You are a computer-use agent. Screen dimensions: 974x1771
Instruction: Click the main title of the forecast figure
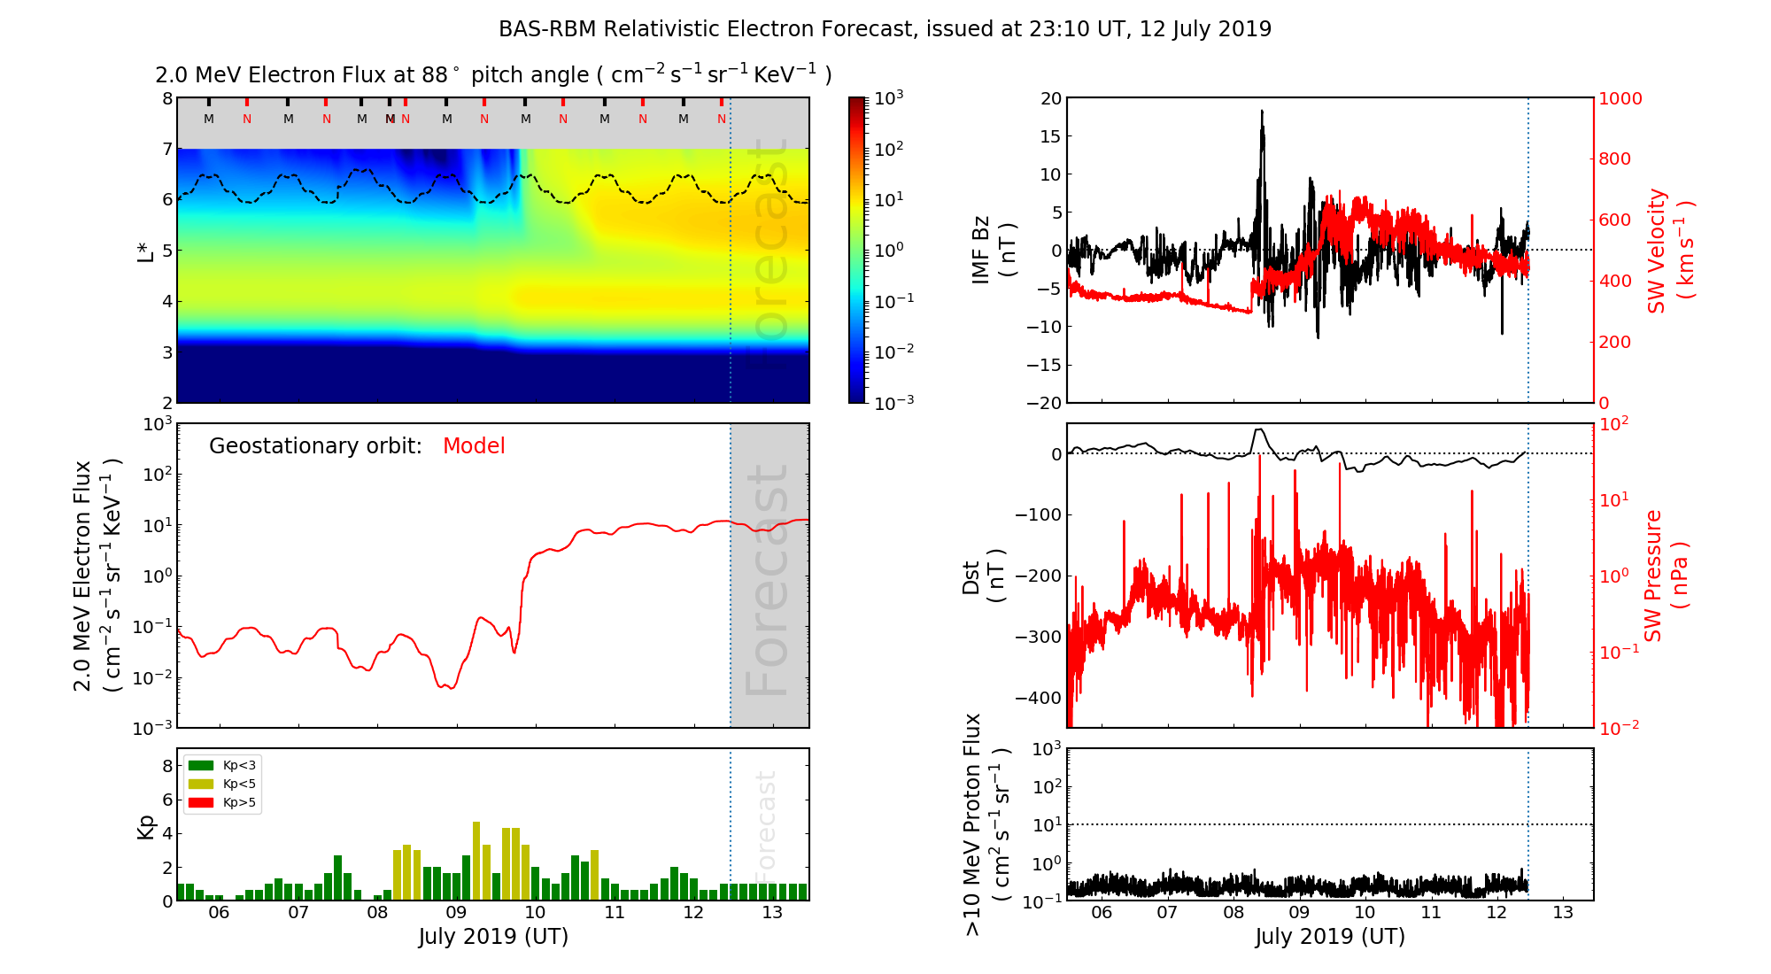point(885,29)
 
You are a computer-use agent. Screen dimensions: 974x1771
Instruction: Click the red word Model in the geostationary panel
point(474,446)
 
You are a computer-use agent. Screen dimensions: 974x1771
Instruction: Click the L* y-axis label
point(146,250)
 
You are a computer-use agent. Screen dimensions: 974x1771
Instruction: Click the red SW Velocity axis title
point(1669,250)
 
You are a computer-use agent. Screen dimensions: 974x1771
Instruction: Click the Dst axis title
point(983,576)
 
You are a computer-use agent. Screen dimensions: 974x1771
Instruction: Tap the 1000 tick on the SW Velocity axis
point(1620,98)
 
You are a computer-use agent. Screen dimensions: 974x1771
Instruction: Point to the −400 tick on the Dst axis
point(1038,698)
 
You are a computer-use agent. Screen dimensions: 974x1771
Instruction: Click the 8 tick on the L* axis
point(166,98)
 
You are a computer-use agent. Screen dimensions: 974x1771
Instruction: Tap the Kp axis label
point(146,826)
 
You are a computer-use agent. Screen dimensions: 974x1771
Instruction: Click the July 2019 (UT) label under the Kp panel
point(493,937)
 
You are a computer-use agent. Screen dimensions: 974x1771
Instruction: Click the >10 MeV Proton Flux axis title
point(986,824)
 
